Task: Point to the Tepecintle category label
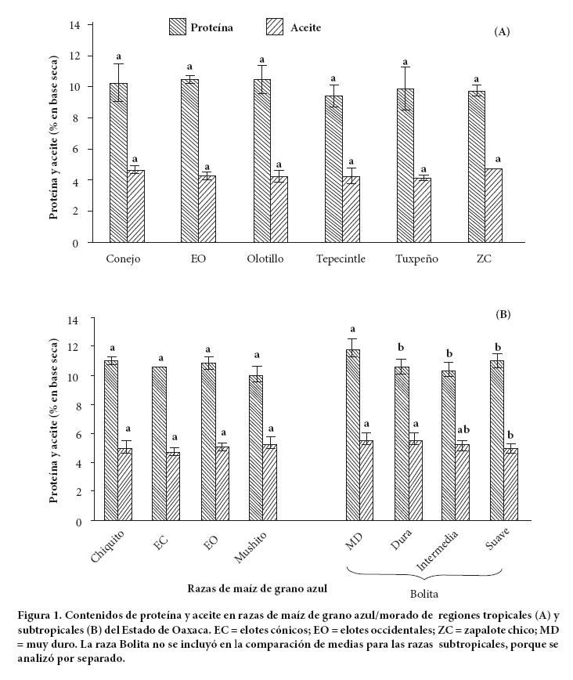[341, 259]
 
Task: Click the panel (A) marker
[502, 31]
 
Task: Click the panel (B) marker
[503, 313]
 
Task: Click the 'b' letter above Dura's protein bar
[401, 346]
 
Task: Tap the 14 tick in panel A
[75, 25]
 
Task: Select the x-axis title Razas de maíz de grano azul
[257, 587]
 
